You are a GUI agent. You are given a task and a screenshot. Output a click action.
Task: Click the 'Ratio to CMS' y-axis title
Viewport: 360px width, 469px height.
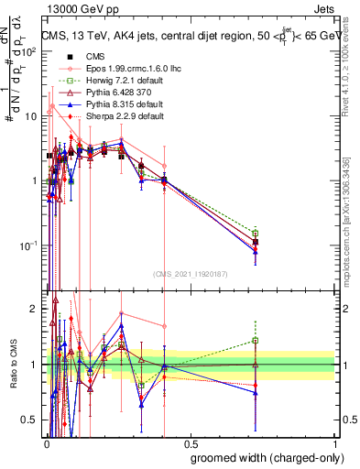13,365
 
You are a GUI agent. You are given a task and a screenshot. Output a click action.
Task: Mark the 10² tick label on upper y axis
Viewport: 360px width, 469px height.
31,51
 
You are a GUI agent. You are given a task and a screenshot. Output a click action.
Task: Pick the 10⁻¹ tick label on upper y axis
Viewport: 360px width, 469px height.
31,245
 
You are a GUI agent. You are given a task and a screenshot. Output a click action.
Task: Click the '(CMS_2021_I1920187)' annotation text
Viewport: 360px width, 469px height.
190,273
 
